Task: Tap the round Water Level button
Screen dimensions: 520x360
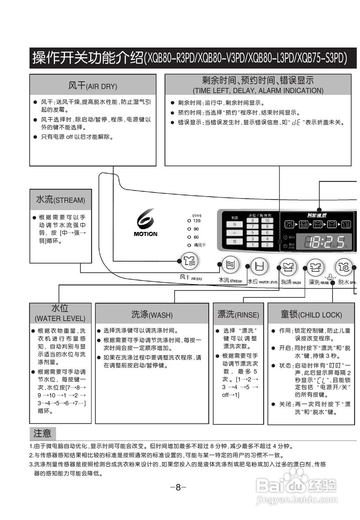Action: point(259,266)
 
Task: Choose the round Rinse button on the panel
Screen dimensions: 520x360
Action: point(315,267)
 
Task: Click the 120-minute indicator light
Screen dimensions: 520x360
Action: point(189,221)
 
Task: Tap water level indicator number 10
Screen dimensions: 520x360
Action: point(267,221)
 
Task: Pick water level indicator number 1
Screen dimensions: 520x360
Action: point(252,245)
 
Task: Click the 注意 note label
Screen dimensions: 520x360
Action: point(42,433)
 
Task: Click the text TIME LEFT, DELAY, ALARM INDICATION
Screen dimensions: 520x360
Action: point(258,91)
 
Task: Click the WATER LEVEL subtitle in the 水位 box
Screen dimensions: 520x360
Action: point(60,318)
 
